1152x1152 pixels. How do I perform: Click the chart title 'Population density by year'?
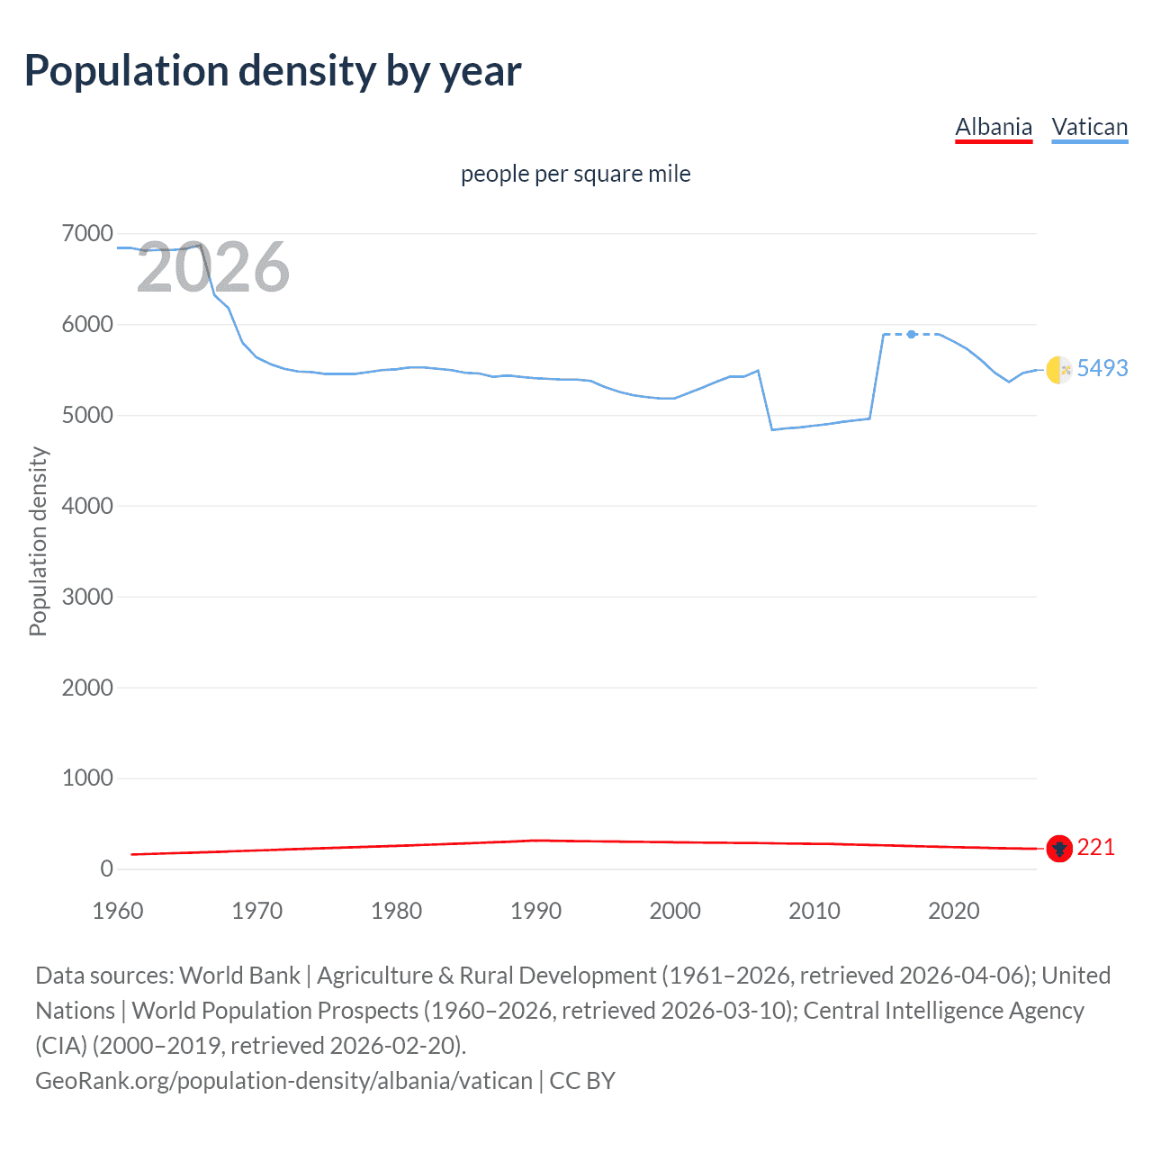pyautogui.click(x=273, y=71)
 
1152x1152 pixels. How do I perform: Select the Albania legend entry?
pyautogui.click(x=993, y=127)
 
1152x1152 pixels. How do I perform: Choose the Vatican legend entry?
pyautogui.click(x=1089, y=127)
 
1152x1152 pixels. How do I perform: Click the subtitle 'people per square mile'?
pyautogui.click(x=575, y=174)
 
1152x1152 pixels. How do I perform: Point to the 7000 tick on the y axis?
pyautogui.click(x=87, y=234)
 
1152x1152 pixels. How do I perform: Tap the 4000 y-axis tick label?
pyautogui.click(x=87, y=506)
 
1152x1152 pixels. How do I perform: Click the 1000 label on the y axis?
pyautogui.click(x=87, y=778)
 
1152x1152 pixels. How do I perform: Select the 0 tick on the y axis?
pyautogui.click(x=106, y=868)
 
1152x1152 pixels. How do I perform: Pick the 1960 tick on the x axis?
pyautogui.click(x=118, y=911)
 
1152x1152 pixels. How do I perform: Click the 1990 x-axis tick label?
pyautogui.click(x=535, y=911)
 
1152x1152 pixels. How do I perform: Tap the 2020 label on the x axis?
pyautogui.click(x=953, y=911)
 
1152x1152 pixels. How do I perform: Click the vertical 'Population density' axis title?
pyautogui.click(x=38, y=542)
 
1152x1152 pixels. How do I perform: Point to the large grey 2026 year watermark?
pyautogui.click(x=212, y=267)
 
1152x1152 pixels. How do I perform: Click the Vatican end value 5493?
pyautogui.click(x=1102, y=368)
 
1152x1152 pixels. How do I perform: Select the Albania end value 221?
pyautogui.click(x=1095, y=847)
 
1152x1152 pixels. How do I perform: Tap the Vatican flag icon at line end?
pyautogui.click(x=1059, y=369)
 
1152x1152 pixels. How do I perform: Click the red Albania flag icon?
pyautogui.click(x=1059, y=848)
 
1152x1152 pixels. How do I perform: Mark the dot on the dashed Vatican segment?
pyautogui.click(x=912, y=334)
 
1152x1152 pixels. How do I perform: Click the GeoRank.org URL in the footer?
pyautogui.click(x=283, y=1080)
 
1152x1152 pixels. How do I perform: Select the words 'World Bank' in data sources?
pyautogui.click(x=239, y=976)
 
